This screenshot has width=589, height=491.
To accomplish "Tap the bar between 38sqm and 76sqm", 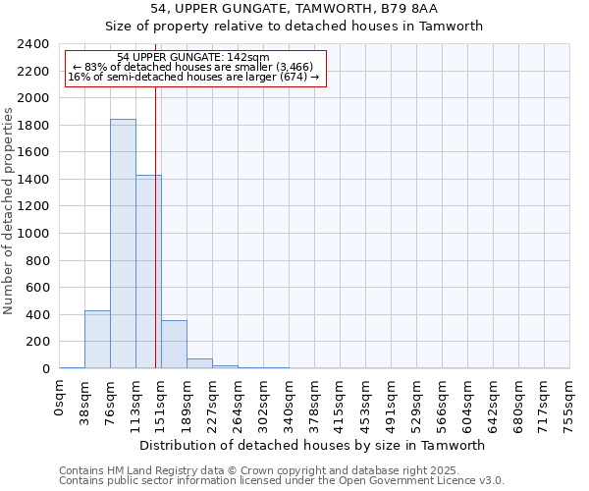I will point(97,340).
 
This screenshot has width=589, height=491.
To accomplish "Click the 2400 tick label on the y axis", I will point(33,44).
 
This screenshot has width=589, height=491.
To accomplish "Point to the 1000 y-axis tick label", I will point(33,234).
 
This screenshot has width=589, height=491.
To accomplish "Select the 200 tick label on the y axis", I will point(37,342).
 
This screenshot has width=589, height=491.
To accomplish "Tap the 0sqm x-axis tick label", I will point(60,399).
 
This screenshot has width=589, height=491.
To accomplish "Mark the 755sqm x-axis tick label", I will point(570,403).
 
